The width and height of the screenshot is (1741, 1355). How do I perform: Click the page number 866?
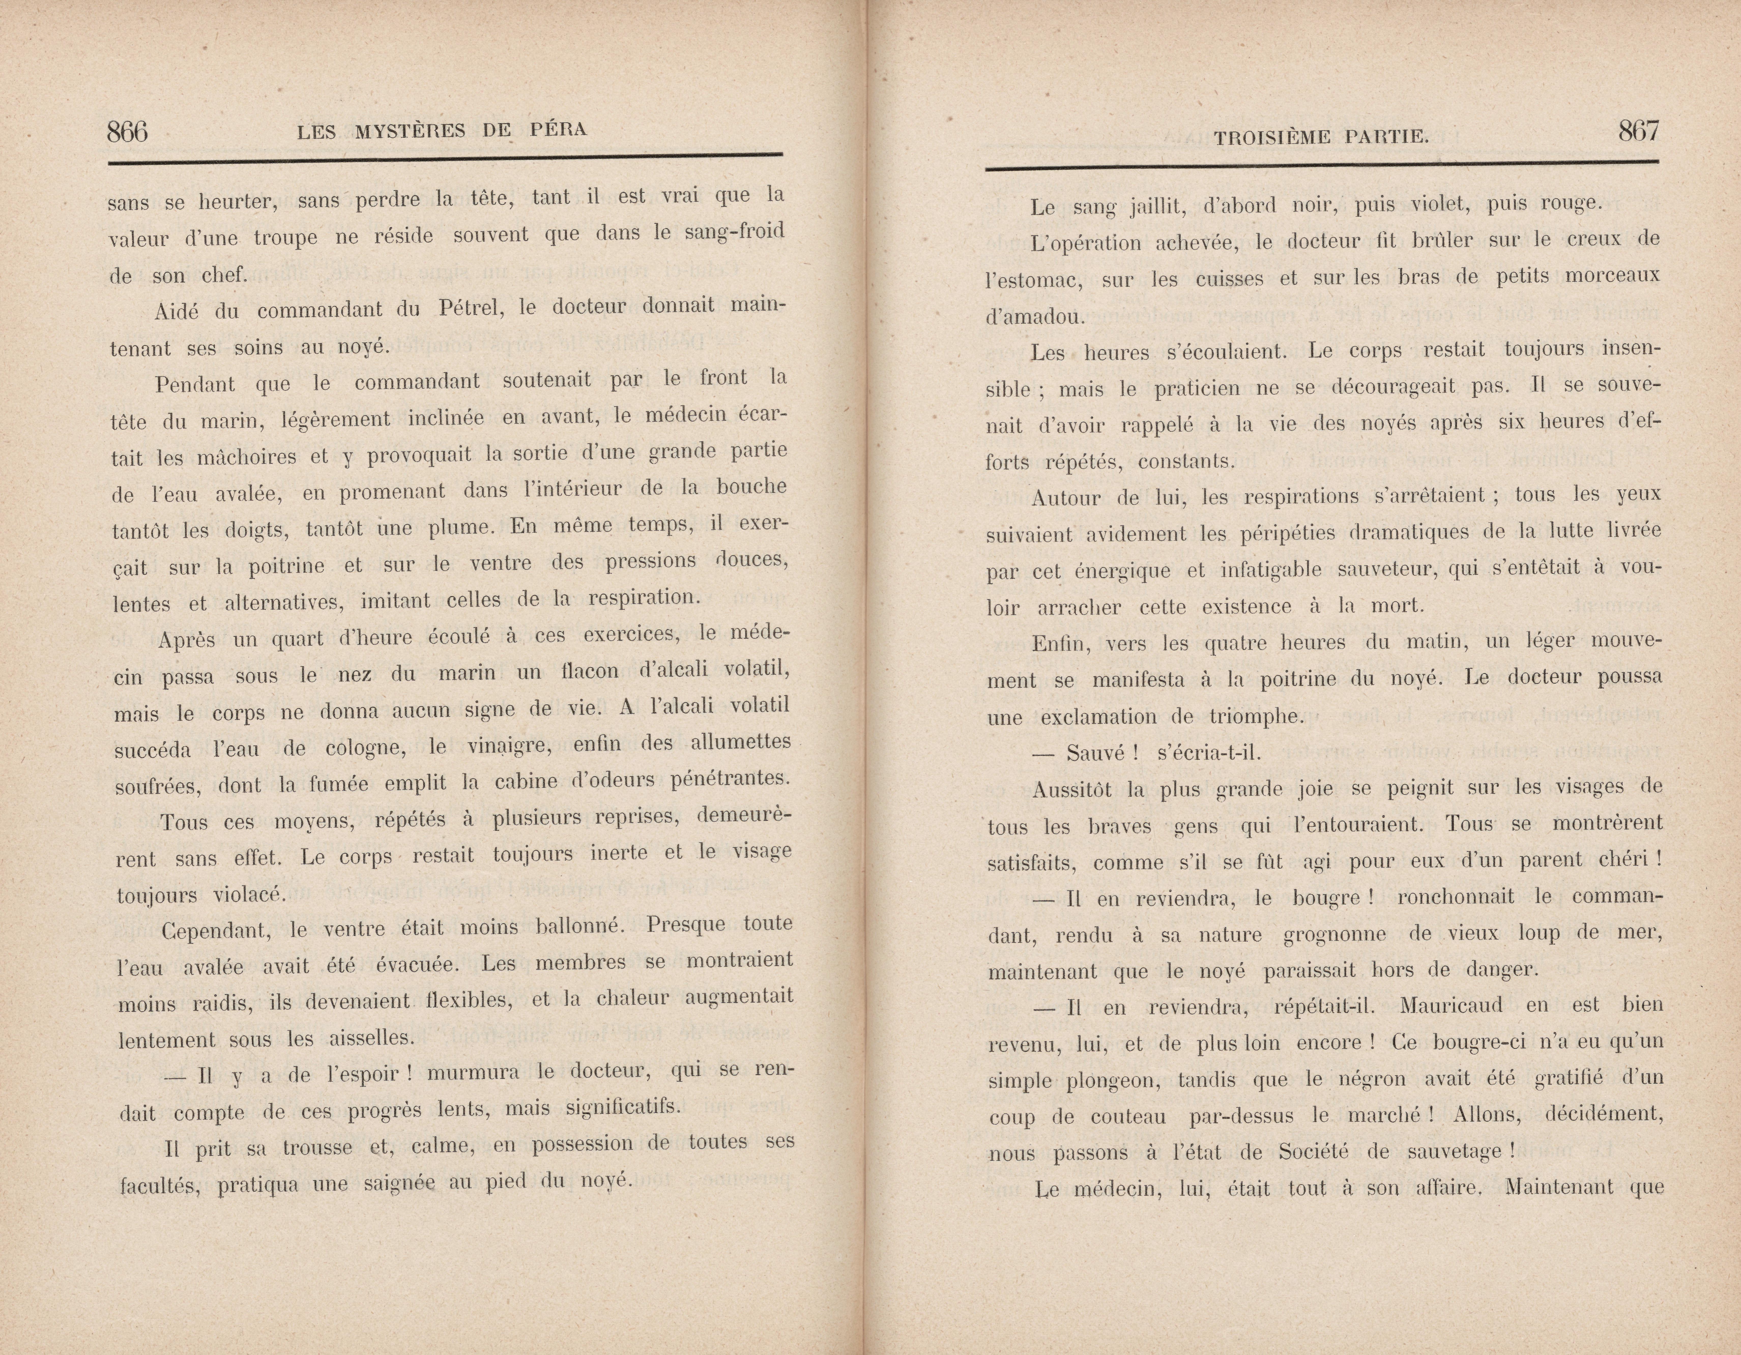[127, 131]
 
